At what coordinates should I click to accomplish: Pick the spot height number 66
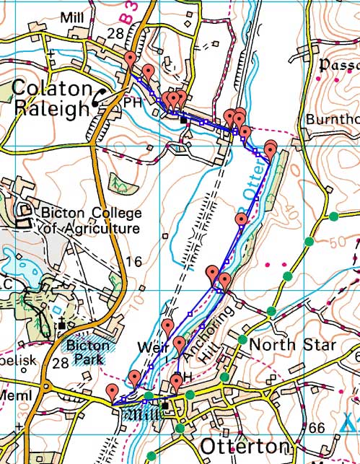pyautogui.click(x=316, y=429)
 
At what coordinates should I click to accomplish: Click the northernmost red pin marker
pyautogui.click(x=131, y=59)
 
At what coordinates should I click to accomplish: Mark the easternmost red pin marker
pyautogui.click(x=271, y=149)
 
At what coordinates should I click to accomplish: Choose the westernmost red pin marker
pyautogui.click(x=112, y=391)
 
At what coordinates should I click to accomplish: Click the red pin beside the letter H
pyautogui.click(x=177, y=381)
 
